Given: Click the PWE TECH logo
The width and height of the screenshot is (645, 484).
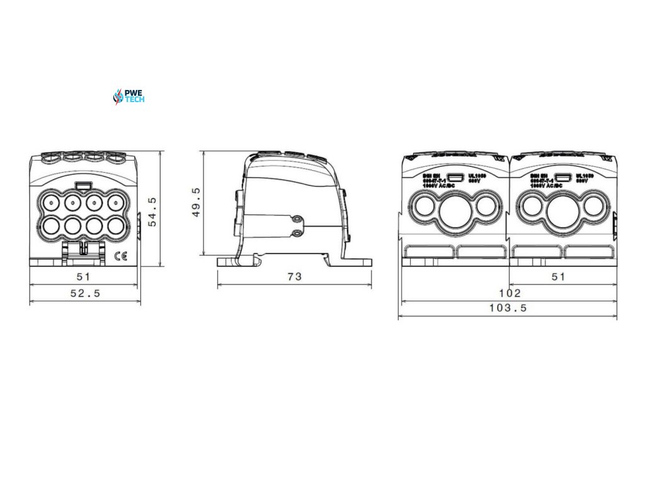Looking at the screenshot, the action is (x=128, y=96).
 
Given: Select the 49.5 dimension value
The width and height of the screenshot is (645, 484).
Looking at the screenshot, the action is (x=196, y=202).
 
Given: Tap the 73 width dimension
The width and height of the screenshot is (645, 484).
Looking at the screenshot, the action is (x=294, y=276).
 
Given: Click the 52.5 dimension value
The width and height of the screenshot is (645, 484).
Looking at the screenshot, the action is (x=84, y=293).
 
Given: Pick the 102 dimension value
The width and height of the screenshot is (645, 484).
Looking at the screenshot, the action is (x=509, y=293).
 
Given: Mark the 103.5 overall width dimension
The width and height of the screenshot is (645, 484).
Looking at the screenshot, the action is (x=508, y=308).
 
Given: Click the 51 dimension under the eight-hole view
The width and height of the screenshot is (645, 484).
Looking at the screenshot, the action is (x=84, y=276).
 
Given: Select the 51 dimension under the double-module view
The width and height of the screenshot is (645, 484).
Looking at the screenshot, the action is (x=558, y=276).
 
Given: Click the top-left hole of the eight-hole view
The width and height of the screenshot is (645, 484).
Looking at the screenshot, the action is (x=50, y=203).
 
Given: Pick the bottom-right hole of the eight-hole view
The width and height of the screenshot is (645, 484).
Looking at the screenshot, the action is (x=115, y=225).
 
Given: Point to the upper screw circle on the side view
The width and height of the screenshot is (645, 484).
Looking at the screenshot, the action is (x=295, y=219).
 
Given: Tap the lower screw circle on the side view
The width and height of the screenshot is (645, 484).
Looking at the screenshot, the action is (x=295, y=233).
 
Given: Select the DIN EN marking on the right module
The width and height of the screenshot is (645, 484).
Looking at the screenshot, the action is (x=537, y=176).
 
